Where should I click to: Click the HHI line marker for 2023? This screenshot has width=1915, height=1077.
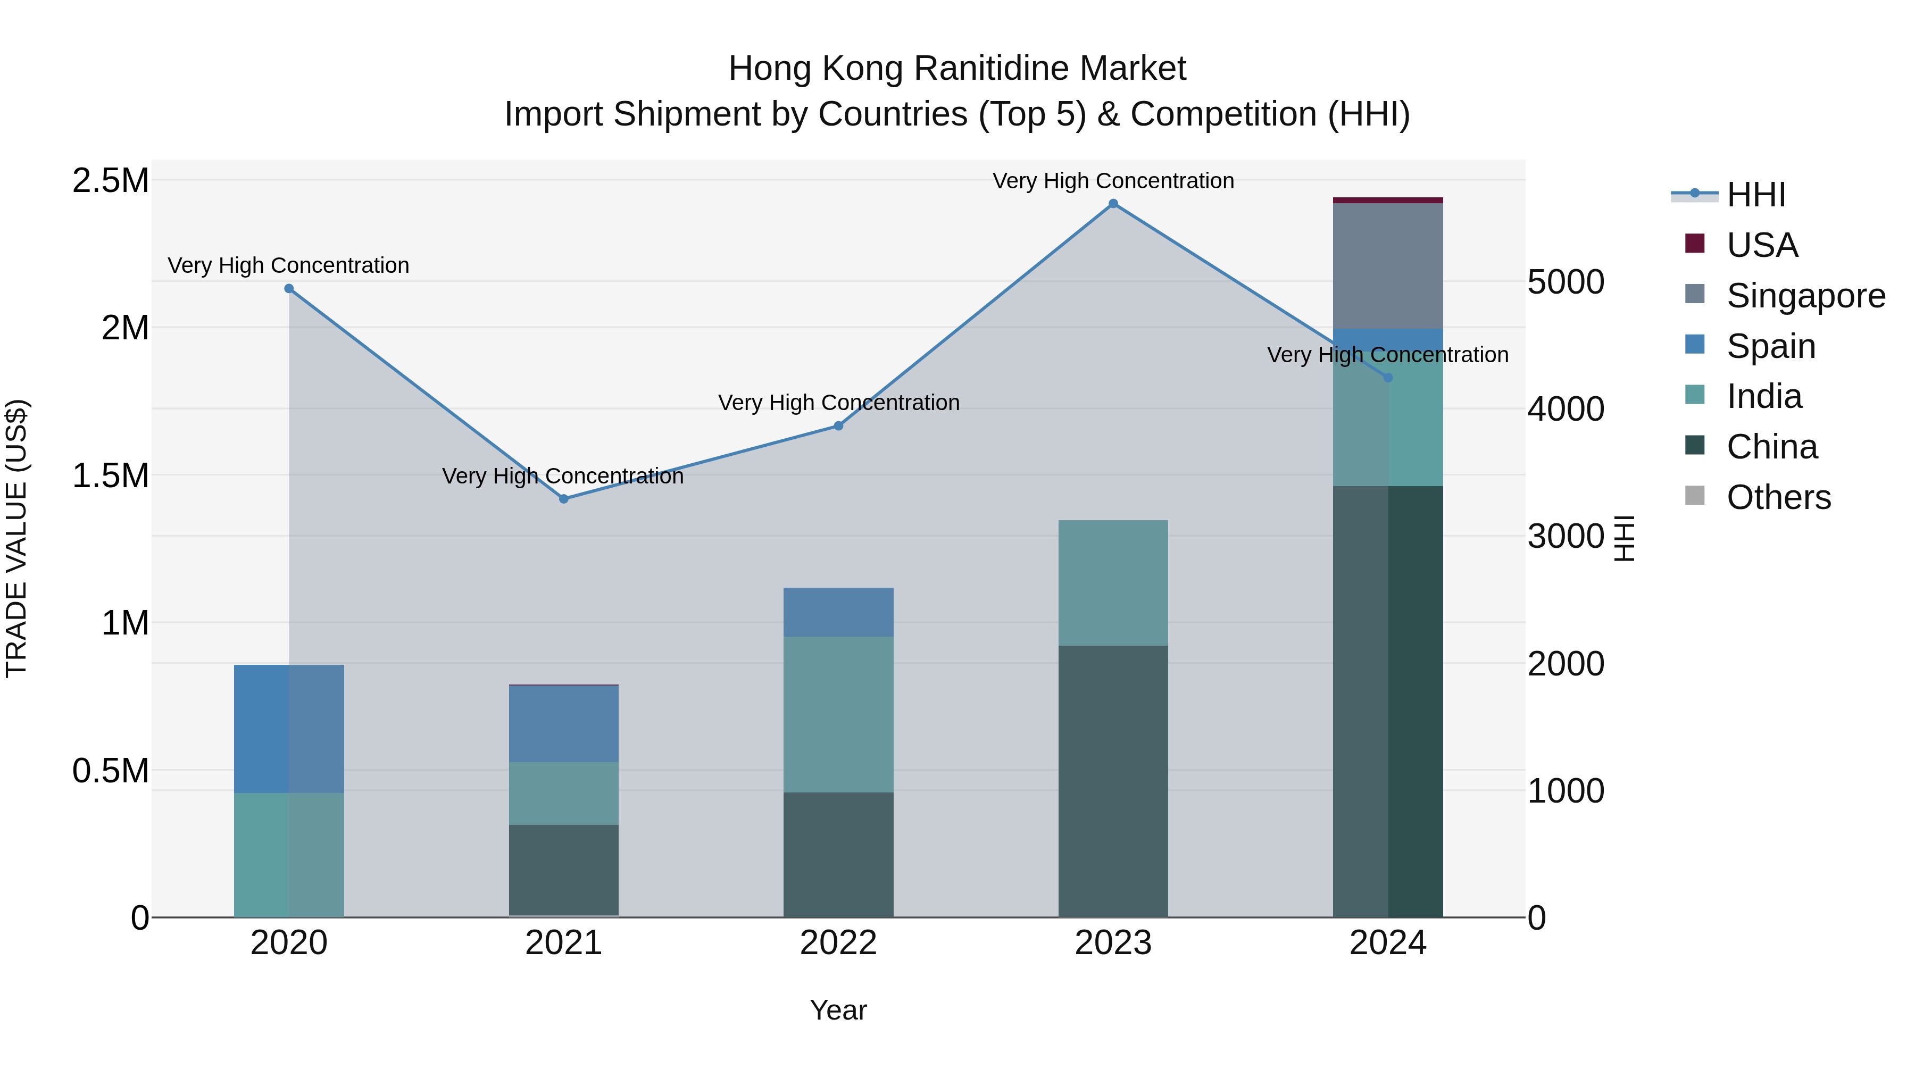(1113, 204)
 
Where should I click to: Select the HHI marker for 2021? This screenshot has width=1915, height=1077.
(563, 499)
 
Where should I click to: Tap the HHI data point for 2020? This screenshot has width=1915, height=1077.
(289, 288)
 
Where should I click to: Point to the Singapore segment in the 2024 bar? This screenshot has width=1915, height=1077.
(1387, 266)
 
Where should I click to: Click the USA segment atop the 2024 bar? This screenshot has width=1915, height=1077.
(1387, 200)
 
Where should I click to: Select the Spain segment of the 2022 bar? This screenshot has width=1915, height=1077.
(838, 612)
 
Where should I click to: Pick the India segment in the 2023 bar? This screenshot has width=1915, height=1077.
(1113, 583)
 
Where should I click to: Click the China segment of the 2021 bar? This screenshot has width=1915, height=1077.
(563, 870)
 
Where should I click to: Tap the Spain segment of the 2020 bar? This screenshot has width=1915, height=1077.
(289, 729)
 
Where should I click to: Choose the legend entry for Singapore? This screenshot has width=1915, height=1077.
(1805, 296)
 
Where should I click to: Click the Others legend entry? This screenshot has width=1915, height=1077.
(1778, 497)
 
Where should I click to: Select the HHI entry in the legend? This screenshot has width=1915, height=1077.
(1755, 195)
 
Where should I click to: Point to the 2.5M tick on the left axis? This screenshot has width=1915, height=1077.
(110, 181)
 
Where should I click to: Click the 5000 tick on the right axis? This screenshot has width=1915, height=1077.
(1566, 282)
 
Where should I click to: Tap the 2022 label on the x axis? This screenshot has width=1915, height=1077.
(838, 943)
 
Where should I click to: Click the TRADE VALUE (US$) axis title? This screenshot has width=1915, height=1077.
(16, 538)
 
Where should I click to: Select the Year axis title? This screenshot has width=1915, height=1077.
(838, 1010)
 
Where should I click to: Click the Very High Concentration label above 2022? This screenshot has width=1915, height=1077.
(838, 402)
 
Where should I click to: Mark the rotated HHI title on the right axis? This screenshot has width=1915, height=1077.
(1625, 538)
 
